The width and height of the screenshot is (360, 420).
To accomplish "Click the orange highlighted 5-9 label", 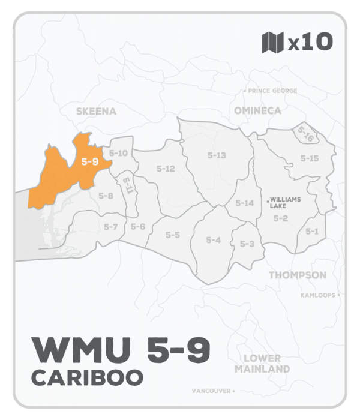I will (90, 161).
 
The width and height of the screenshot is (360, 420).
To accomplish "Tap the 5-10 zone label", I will (119, 154).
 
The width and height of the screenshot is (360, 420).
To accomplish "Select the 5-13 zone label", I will (216, 155).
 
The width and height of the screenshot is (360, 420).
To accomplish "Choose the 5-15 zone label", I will (309, 158).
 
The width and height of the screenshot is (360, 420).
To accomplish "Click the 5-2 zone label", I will (281, 218).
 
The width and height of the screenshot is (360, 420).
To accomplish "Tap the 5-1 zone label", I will (312, 232).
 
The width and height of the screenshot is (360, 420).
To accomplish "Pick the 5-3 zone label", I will (247, 244).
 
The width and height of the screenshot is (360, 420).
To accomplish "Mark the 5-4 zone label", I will (214, 241).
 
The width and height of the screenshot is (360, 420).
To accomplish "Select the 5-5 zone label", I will (173, 235).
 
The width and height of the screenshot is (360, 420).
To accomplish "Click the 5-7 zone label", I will (110, 227).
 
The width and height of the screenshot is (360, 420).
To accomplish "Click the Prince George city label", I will (270, 91).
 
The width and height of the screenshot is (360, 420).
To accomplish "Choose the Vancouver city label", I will (212, 391).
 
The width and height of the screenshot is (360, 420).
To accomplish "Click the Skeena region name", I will (96, 112).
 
